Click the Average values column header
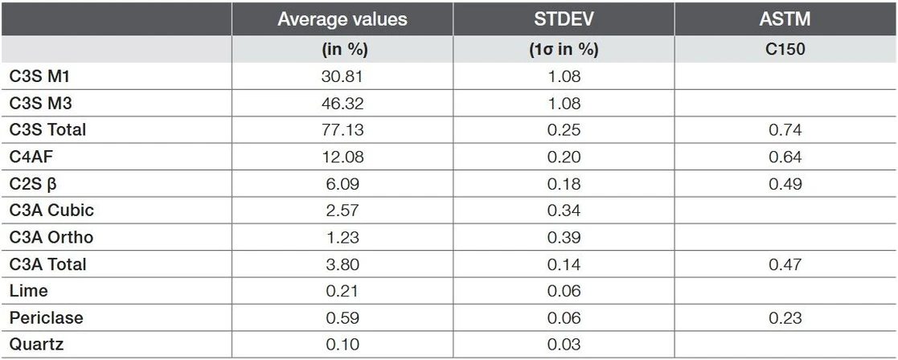[x=342, y=19]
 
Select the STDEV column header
[x=563, y=19]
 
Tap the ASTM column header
[x=785, y=19]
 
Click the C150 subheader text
[x=785, y=49]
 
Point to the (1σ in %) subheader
[x=563, y=49]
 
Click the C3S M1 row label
[x=42, y=76]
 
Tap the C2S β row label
[x=34, y=184]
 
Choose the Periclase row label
[x=46, y=318]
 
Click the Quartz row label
[x=36, y=345]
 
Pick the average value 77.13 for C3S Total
[x=342, y=130]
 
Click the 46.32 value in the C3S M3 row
[x=342, y=103]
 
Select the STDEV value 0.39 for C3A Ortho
[x=563, y=238]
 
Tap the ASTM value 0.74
[x=785, y=130]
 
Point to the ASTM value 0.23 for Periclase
[x=785, y=318]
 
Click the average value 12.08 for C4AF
[x=342, y=157]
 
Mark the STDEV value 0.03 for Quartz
[x=563, y=345]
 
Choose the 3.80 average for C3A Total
[x=342, y=264]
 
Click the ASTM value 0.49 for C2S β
[x=785, y=184]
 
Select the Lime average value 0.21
[x=342, y=291]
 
